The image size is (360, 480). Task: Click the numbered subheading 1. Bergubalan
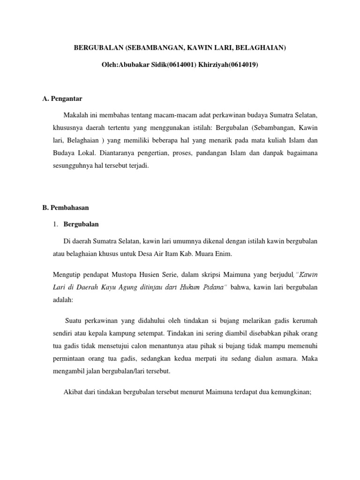click(x=75, y=225)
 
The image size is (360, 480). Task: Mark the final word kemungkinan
click(x=291, y=391)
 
